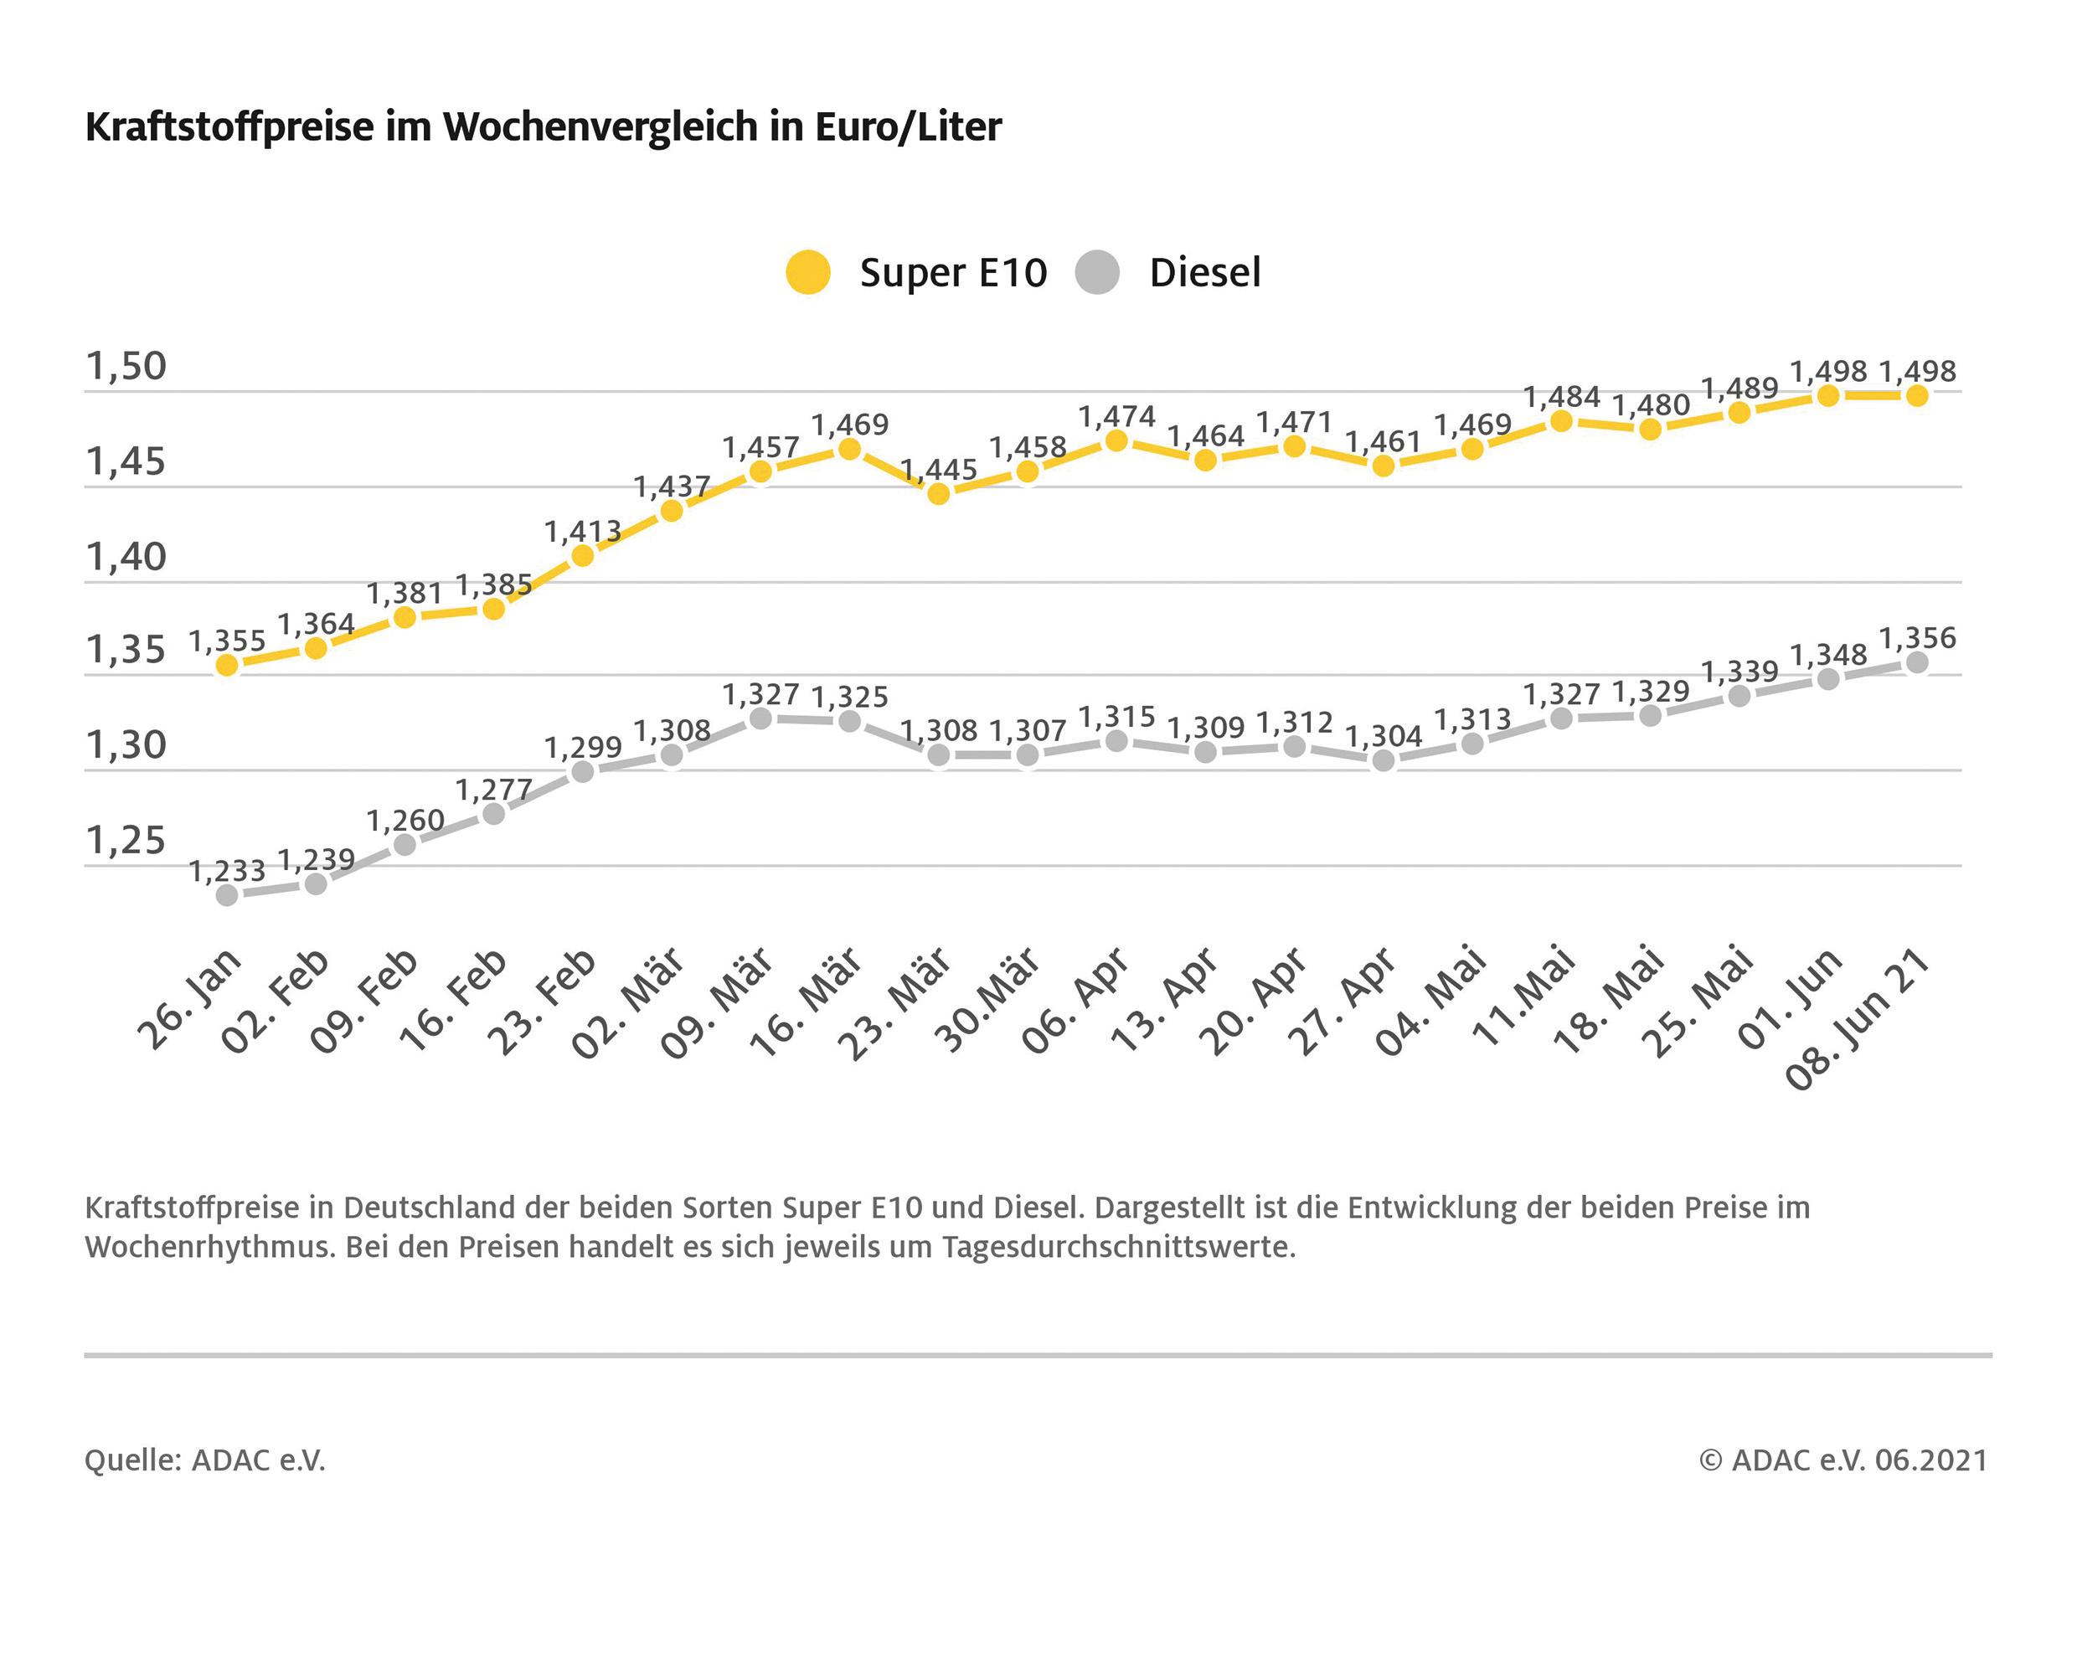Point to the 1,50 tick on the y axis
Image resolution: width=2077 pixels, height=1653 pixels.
126,367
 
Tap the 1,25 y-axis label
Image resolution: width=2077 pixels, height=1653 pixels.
126,841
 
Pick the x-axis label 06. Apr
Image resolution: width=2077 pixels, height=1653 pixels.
1076,1001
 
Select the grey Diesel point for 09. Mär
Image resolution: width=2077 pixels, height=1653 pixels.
760,718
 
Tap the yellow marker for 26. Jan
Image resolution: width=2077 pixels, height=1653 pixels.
226,665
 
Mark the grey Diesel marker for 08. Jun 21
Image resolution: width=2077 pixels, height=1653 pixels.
1917,662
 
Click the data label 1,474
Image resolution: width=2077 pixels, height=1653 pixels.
1116,417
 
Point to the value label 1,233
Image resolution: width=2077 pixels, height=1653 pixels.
226,872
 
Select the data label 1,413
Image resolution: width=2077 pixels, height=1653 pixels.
582,531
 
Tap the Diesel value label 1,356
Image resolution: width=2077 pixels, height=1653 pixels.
1917,638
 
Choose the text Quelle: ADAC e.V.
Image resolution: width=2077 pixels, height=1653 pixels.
205,1461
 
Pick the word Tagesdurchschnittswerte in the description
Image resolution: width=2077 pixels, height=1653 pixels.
1118,1248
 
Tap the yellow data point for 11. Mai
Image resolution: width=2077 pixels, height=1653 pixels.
1562,421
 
